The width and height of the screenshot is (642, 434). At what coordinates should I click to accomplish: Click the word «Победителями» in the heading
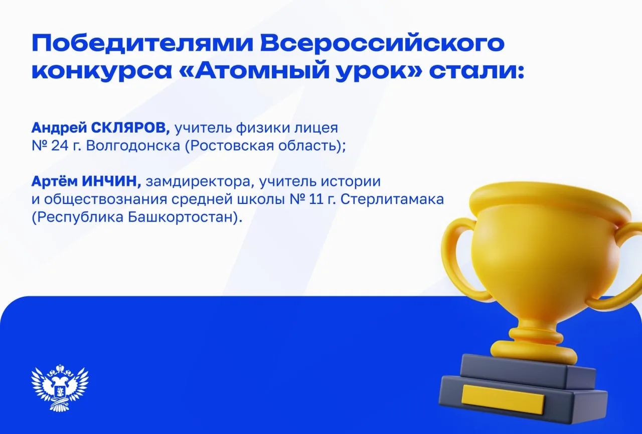tap(142, 43)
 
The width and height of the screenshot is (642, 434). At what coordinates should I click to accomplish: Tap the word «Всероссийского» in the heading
tap(382, 43)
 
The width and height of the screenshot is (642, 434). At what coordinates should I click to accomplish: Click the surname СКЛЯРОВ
tap(130, 128)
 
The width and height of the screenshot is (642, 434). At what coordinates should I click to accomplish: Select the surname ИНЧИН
tap(111, 182)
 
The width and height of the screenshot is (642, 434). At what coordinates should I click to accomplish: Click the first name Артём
tap(55, 182)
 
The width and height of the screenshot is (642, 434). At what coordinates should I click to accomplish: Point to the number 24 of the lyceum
tap(60, 146)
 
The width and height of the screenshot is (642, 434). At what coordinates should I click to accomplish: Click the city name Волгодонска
tap(133, 146)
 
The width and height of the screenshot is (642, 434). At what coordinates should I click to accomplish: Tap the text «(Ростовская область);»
tap(265, 146)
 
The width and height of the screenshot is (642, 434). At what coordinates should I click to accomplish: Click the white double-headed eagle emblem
tap(60, 387)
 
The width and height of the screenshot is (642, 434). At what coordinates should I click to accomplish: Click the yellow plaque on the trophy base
tap(503, 399)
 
